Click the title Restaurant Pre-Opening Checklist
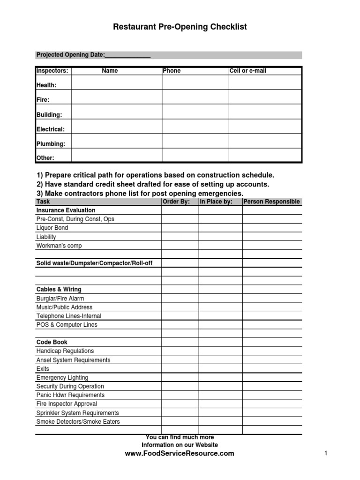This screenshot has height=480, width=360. point(180,27)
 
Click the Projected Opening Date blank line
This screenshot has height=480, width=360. point(127,55)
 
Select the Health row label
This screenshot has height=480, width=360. point(46,85)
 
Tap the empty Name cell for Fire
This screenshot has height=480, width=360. point(116,97)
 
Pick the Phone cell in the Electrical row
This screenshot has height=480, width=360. point(195,127)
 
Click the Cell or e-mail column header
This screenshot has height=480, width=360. point(248,71)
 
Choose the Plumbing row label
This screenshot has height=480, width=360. point(51,144)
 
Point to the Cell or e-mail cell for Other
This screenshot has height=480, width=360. point(265,156)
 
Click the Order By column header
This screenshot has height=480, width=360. point(176,202)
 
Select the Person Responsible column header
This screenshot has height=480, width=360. point(271,202)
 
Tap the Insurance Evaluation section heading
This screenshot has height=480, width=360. point(66,210)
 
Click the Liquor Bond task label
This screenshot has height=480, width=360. point(52,228)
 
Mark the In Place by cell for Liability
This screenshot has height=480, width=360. point(220,237)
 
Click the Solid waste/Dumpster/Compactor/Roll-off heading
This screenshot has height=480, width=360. point(94,263)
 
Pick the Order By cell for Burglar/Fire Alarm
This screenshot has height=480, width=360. point(180,299)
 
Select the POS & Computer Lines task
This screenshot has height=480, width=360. point(67,325)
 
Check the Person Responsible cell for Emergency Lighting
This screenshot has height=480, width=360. point(272,378)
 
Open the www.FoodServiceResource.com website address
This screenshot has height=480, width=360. point(180,453)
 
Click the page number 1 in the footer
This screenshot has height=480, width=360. point(325,453)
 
